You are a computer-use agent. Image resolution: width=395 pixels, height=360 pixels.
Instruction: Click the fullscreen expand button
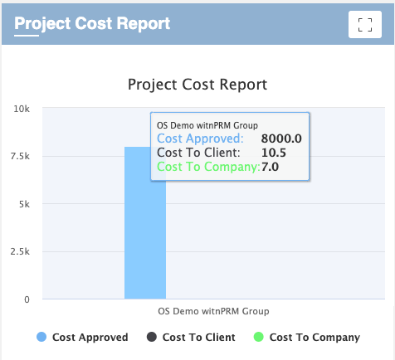tap(365, 25)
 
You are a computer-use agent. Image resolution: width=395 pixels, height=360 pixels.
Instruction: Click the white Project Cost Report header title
tap(92, 24)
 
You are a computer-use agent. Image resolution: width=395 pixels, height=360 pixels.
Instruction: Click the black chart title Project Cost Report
tap(197, 85)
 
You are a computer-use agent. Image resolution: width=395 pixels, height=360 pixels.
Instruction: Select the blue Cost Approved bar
tap(145, 222)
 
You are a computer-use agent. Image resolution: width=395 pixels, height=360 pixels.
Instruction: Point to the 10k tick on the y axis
tap(22, 109)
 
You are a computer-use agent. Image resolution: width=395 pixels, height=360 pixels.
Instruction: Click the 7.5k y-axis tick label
tap(20, 157)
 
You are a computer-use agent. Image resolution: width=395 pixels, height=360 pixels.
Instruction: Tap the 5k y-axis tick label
tap(24, 204)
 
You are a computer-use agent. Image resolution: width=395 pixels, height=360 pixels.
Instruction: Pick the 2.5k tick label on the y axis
tap(20, 252)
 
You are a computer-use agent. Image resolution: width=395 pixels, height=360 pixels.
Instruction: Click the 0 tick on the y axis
tap(27, 299)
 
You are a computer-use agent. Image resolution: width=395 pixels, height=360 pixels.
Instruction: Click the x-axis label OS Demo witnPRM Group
tap(213, 311)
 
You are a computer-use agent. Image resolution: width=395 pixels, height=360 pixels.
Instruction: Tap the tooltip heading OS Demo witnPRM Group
tap(207, 125)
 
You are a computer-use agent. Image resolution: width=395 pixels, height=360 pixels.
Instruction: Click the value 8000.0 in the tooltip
tap(281, 139)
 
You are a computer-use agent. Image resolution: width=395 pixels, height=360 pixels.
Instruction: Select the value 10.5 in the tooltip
tap(274, 153)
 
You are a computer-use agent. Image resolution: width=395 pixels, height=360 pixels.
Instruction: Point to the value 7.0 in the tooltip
tap(270, 167)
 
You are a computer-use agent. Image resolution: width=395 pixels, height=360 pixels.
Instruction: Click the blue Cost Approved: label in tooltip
tap(200, 139)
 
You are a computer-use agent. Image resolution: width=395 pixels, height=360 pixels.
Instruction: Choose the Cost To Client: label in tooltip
tap(198, 153)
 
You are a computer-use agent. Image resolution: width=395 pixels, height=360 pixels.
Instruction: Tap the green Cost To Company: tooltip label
tap(208, 167)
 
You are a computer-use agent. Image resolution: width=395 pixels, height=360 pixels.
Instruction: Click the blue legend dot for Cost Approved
tap(41, 337)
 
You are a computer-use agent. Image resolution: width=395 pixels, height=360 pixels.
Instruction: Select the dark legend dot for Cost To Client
tap(152, 337)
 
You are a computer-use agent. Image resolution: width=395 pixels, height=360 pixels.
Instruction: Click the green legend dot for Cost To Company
tap(259, 337)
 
